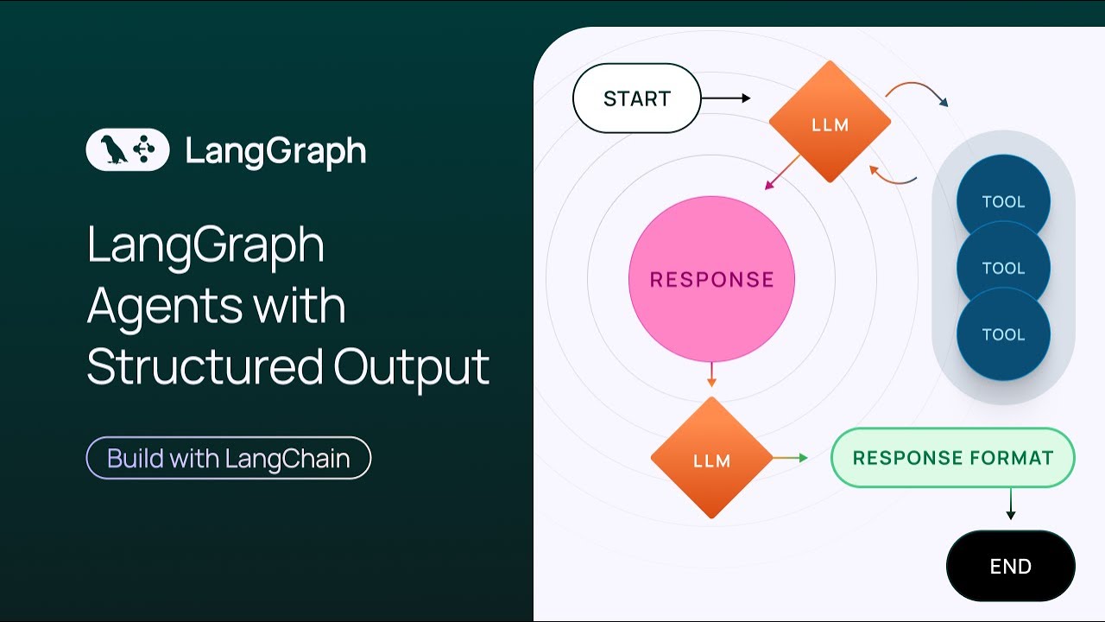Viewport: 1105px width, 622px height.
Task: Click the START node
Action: [636, 98]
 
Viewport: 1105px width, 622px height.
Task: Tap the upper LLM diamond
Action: [830, 123]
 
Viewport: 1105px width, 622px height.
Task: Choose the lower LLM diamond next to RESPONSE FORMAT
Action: [711, 459]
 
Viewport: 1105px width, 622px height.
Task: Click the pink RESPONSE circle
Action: [711, 279]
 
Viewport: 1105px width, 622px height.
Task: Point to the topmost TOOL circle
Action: [1003, 193]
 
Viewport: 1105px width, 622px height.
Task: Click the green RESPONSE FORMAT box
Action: [952, 458]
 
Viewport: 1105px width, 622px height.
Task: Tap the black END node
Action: [1010, 567]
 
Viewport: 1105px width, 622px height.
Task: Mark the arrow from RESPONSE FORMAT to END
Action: [1010, 504]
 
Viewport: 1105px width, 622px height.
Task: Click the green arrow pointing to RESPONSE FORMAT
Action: [790, 458]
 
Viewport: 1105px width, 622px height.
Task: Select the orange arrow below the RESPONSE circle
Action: [711, 375]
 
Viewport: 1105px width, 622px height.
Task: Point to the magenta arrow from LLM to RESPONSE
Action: [781, 173]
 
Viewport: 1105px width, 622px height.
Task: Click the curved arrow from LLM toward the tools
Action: [917, 90]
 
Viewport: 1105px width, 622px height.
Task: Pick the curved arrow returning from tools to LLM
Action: [893, 176]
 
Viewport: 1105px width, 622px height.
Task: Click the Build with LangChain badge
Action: [229, 458]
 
